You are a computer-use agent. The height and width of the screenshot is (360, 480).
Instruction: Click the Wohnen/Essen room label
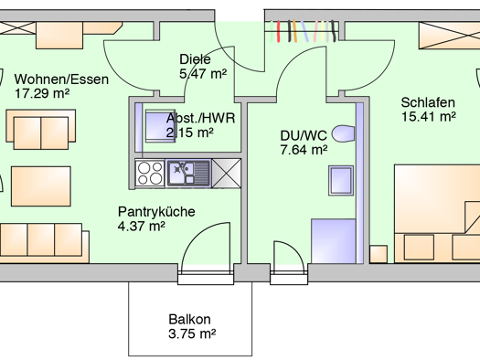(x=61, y=79)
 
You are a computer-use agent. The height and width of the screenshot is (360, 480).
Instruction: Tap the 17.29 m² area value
(x=42, y=93)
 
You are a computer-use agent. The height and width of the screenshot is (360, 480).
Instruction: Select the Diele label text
(x=195, y=59)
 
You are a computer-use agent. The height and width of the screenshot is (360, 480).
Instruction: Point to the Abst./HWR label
(x=200, y=118)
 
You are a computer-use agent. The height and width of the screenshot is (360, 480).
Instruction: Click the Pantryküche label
(x=156, y=212)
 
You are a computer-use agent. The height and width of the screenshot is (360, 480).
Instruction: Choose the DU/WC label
(x=304, y=135)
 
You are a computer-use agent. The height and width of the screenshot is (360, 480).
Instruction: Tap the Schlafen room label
(x=428, y=102)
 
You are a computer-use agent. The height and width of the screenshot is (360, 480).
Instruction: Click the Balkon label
(x=189, y=319)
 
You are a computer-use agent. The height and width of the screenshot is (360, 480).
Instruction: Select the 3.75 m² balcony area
(x=192, y=334)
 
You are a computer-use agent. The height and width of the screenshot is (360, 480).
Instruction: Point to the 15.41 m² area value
(x=429, y=117)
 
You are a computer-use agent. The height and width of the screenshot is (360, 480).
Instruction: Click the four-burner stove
(x=150, y=173)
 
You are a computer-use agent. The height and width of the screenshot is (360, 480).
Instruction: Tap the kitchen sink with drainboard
(x=188, y=173)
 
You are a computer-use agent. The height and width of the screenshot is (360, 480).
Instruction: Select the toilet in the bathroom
(x=343, y=133)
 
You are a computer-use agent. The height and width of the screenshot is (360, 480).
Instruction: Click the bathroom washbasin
(x=341, y=181)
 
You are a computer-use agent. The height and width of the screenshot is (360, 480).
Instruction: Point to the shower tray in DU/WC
(x=334, y=241)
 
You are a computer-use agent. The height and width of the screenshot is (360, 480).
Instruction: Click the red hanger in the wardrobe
(x=279, y=31)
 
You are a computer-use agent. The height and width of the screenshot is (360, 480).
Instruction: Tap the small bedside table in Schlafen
(x=379, y=254)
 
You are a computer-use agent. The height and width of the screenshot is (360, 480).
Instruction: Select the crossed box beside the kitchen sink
(x=227, y=173)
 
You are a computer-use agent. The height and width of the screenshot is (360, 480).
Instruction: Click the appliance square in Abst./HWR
(x=160, y=126)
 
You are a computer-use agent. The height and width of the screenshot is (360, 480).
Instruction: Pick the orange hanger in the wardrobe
(x=294, y=31)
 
